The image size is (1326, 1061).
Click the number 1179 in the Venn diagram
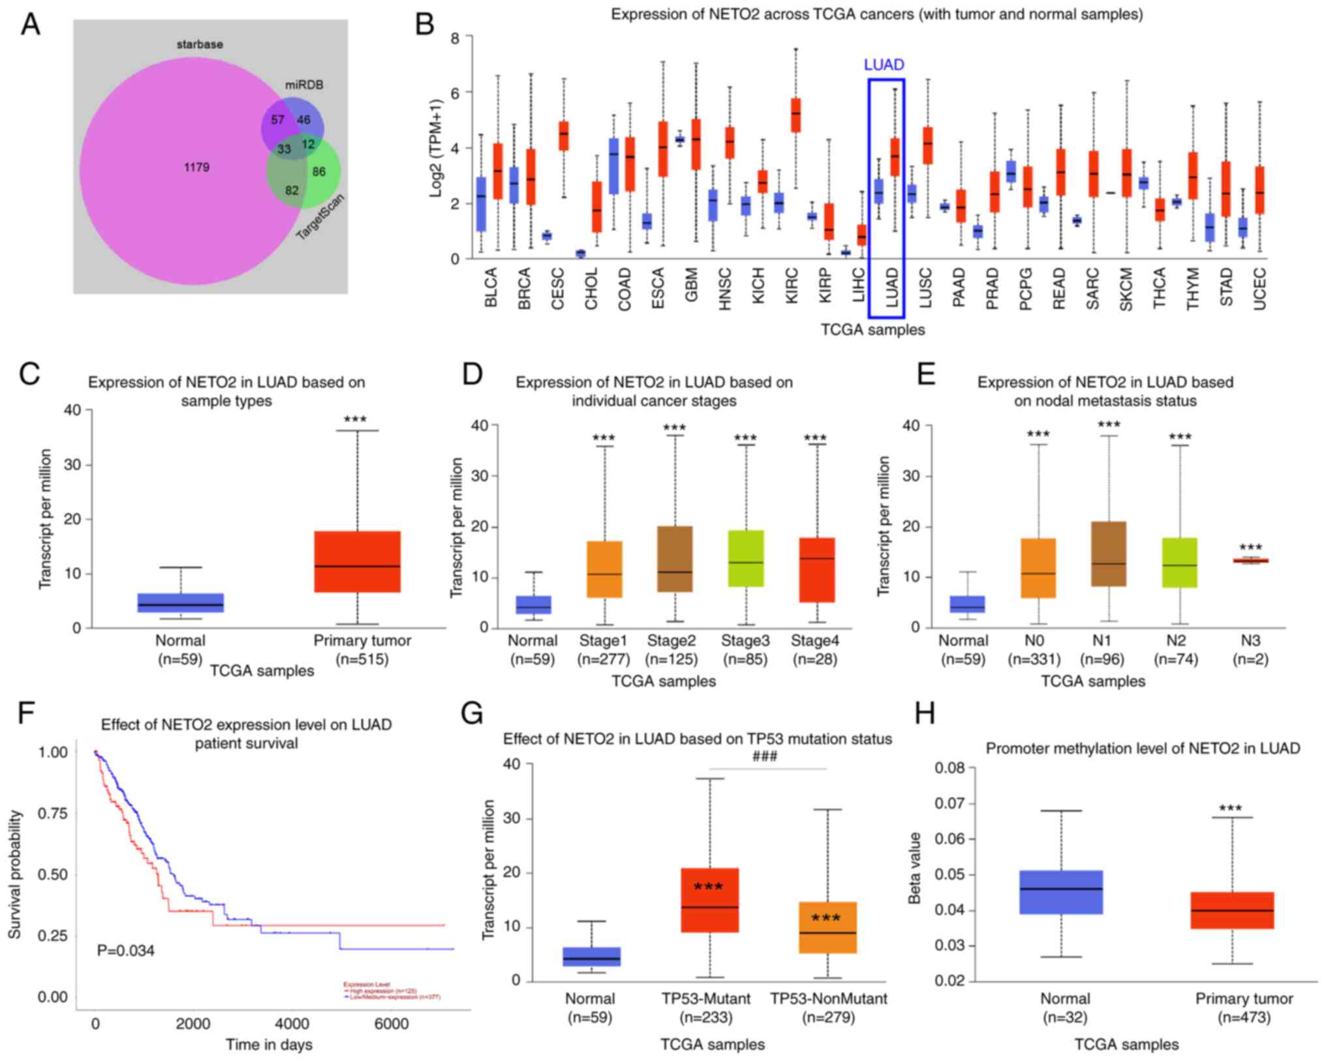196,168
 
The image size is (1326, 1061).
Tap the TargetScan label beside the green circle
320,217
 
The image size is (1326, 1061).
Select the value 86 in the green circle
318,172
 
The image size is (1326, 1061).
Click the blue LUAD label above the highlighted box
884,65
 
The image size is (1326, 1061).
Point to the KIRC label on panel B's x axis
792,284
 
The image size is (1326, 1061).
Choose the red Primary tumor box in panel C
357,561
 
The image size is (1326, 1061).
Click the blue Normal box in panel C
180,603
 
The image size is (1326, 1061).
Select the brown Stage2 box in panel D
675,559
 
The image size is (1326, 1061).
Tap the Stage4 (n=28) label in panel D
815,650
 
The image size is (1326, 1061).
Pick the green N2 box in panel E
1180,563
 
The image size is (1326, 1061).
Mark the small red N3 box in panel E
1250,561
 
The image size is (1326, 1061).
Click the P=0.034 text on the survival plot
126,951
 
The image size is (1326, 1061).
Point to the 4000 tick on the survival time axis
292,1024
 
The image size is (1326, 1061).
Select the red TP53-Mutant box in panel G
710,900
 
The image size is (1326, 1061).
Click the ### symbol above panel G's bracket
765,756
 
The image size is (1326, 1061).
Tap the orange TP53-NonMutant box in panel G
827,927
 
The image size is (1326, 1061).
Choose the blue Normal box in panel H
1061,892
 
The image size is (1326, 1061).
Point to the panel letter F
26,713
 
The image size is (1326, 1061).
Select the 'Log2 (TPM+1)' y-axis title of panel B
436,148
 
